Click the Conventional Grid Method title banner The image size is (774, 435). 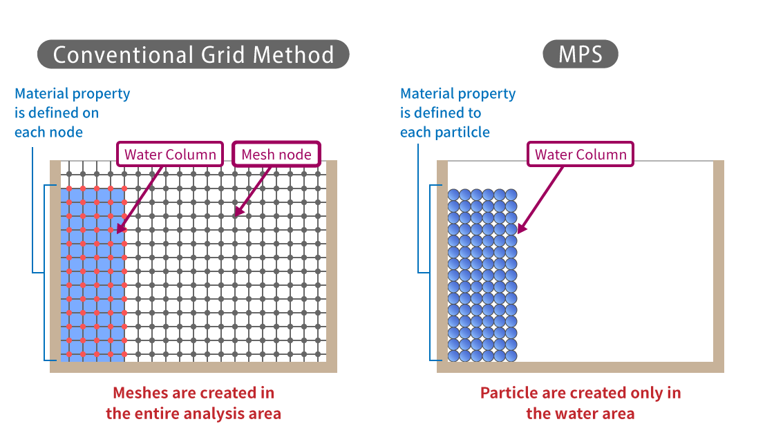[193, 55]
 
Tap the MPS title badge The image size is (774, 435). [580, 55]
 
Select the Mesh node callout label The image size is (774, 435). [276, 155]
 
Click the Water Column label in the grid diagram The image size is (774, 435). [170, 155]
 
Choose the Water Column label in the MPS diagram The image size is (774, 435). [580, 155]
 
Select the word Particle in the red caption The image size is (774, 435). [509, 393]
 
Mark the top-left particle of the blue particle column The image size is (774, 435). [453, 195]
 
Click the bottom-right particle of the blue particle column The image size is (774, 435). [511, 356]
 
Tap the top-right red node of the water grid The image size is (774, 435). [124, 188]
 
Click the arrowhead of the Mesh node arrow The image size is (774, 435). [236, 213]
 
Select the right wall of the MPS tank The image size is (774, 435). [719, 262]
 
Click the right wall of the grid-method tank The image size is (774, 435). [332, 262]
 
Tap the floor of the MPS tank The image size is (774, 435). [580, 367]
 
